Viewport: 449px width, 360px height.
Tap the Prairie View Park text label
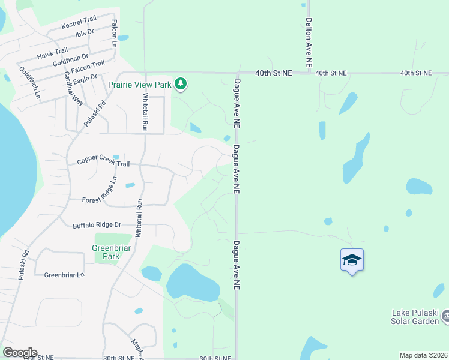(x=140, y=85)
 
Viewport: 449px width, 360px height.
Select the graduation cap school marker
(x=352, y=260)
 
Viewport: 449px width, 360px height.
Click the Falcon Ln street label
(x=113, y=32)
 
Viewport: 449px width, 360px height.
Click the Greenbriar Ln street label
(x=64, y=275)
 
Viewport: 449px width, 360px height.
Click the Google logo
(x=20, y=353)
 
